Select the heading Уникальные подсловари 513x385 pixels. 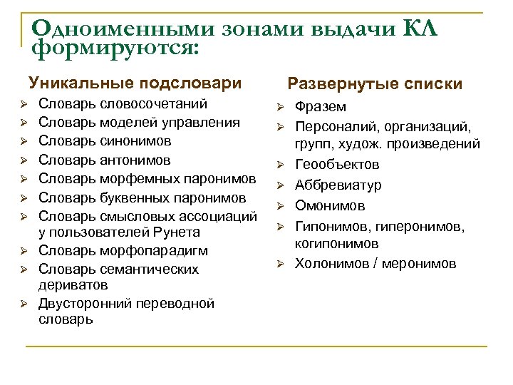point(135,83)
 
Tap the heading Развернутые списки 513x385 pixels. point(375,85)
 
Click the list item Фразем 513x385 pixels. point(321,107)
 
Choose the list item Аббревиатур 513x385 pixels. point(338,185)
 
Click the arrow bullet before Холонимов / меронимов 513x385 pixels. point(281,265)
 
